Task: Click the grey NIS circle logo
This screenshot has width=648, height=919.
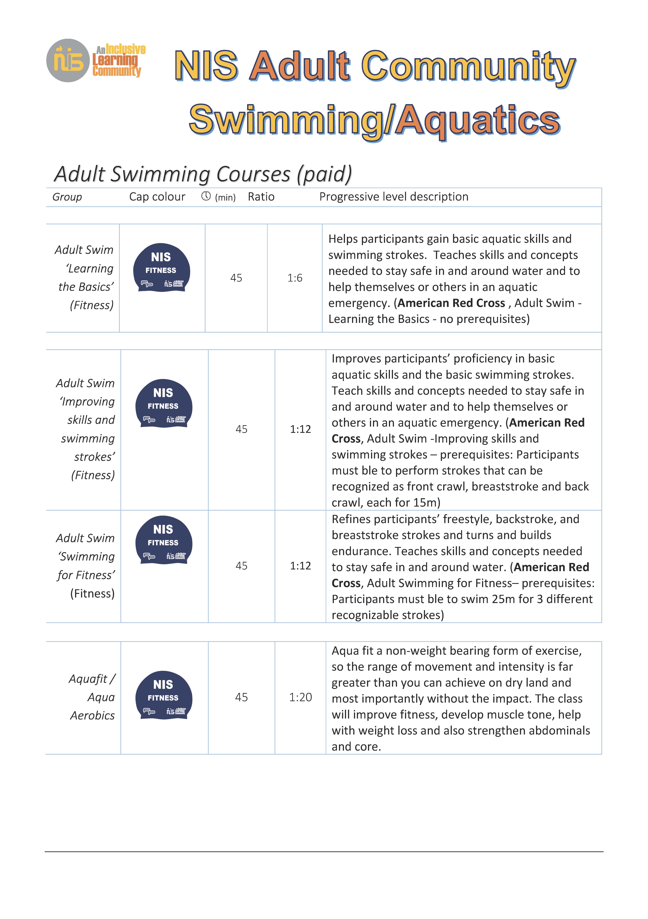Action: pyautogui.click(x=68, y=60)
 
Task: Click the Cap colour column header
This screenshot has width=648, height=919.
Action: pyautogui.click(x=157, y=197)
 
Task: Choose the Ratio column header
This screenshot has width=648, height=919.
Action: pyautogui.click(x=261, y=197)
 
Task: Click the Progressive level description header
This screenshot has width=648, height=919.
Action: pyautogui.click(x=394, y=197)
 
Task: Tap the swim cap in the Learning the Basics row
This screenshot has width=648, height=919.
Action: pyautogui.click(x=162, y=267)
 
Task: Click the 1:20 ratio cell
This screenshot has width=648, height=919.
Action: pyautogui.click(x=300, y=697)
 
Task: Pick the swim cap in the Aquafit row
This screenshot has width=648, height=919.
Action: pyautogui.click(x=164, y=695)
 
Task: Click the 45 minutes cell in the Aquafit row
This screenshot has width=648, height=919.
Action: pyautogui.click(x=241, y=697)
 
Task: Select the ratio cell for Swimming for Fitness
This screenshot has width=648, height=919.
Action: pyautogui.click(x=300, y=566)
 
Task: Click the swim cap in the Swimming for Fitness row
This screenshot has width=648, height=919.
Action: pyautogui.click(x=164, y=540)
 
